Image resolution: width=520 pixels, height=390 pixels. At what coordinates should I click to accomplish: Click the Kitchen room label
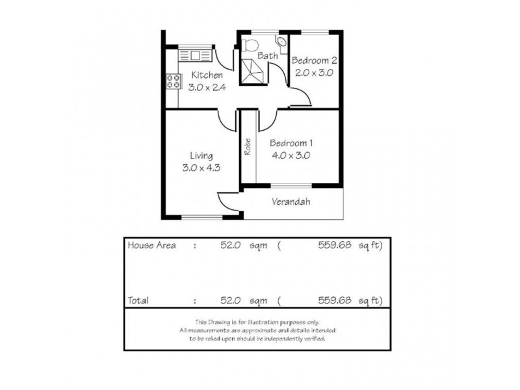pyautogui.click(x=206, y=75)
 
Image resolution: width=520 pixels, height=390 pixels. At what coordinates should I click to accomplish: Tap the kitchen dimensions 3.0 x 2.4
pyautogui.click(x=207, y=88)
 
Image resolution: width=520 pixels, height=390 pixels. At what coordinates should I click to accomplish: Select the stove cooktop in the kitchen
pyautogui.click(x=174, y=81)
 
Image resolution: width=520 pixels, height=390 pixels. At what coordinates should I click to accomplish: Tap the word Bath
pyautogui.click(x=268, y=56)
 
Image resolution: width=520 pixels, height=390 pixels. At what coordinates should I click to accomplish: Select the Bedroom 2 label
pyautogui.click(x=314, y=60)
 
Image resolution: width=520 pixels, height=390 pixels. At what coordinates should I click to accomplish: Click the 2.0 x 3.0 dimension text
pyautogui.click(x=313, y=73)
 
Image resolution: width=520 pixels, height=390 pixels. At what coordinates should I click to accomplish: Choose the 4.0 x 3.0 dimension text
pyautogui.click(x=290, y=155)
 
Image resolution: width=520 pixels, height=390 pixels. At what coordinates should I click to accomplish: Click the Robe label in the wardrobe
pyautogui.click(x=248, y=147)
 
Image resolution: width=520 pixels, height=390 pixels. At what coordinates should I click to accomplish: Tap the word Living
pyautogui.click(x=201, y=155)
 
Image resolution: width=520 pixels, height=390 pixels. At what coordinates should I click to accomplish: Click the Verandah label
pyautogui.click(x=290, y=202)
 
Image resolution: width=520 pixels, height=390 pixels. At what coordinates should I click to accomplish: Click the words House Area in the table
pyautogui.click(x=152, y=246)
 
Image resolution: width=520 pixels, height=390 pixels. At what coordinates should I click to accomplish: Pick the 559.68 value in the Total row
pyautogui.click(x=335, y=300)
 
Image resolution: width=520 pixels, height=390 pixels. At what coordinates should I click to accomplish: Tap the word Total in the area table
pyautogui.click(x=138, y=300)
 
